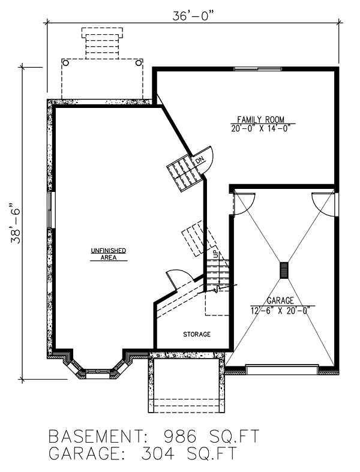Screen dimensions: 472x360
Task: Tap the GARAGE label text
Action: [x=281, y=300]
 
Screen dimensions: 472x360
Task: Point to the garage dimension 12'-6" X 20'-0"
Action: [x=281, y=309]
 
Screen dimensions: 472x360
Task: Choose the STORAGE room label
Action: [x=197, y=334]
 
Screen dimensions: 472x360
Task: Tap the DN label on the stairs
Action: [x=198, y=161]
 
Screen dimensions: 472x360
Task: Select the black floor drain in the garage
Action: [x=283, y=270]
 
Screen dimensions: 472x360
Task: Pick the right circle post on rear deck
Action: [x=139, y=62]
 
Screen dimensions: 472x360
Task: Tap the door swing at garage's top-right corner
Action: [x=323, y=203]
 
